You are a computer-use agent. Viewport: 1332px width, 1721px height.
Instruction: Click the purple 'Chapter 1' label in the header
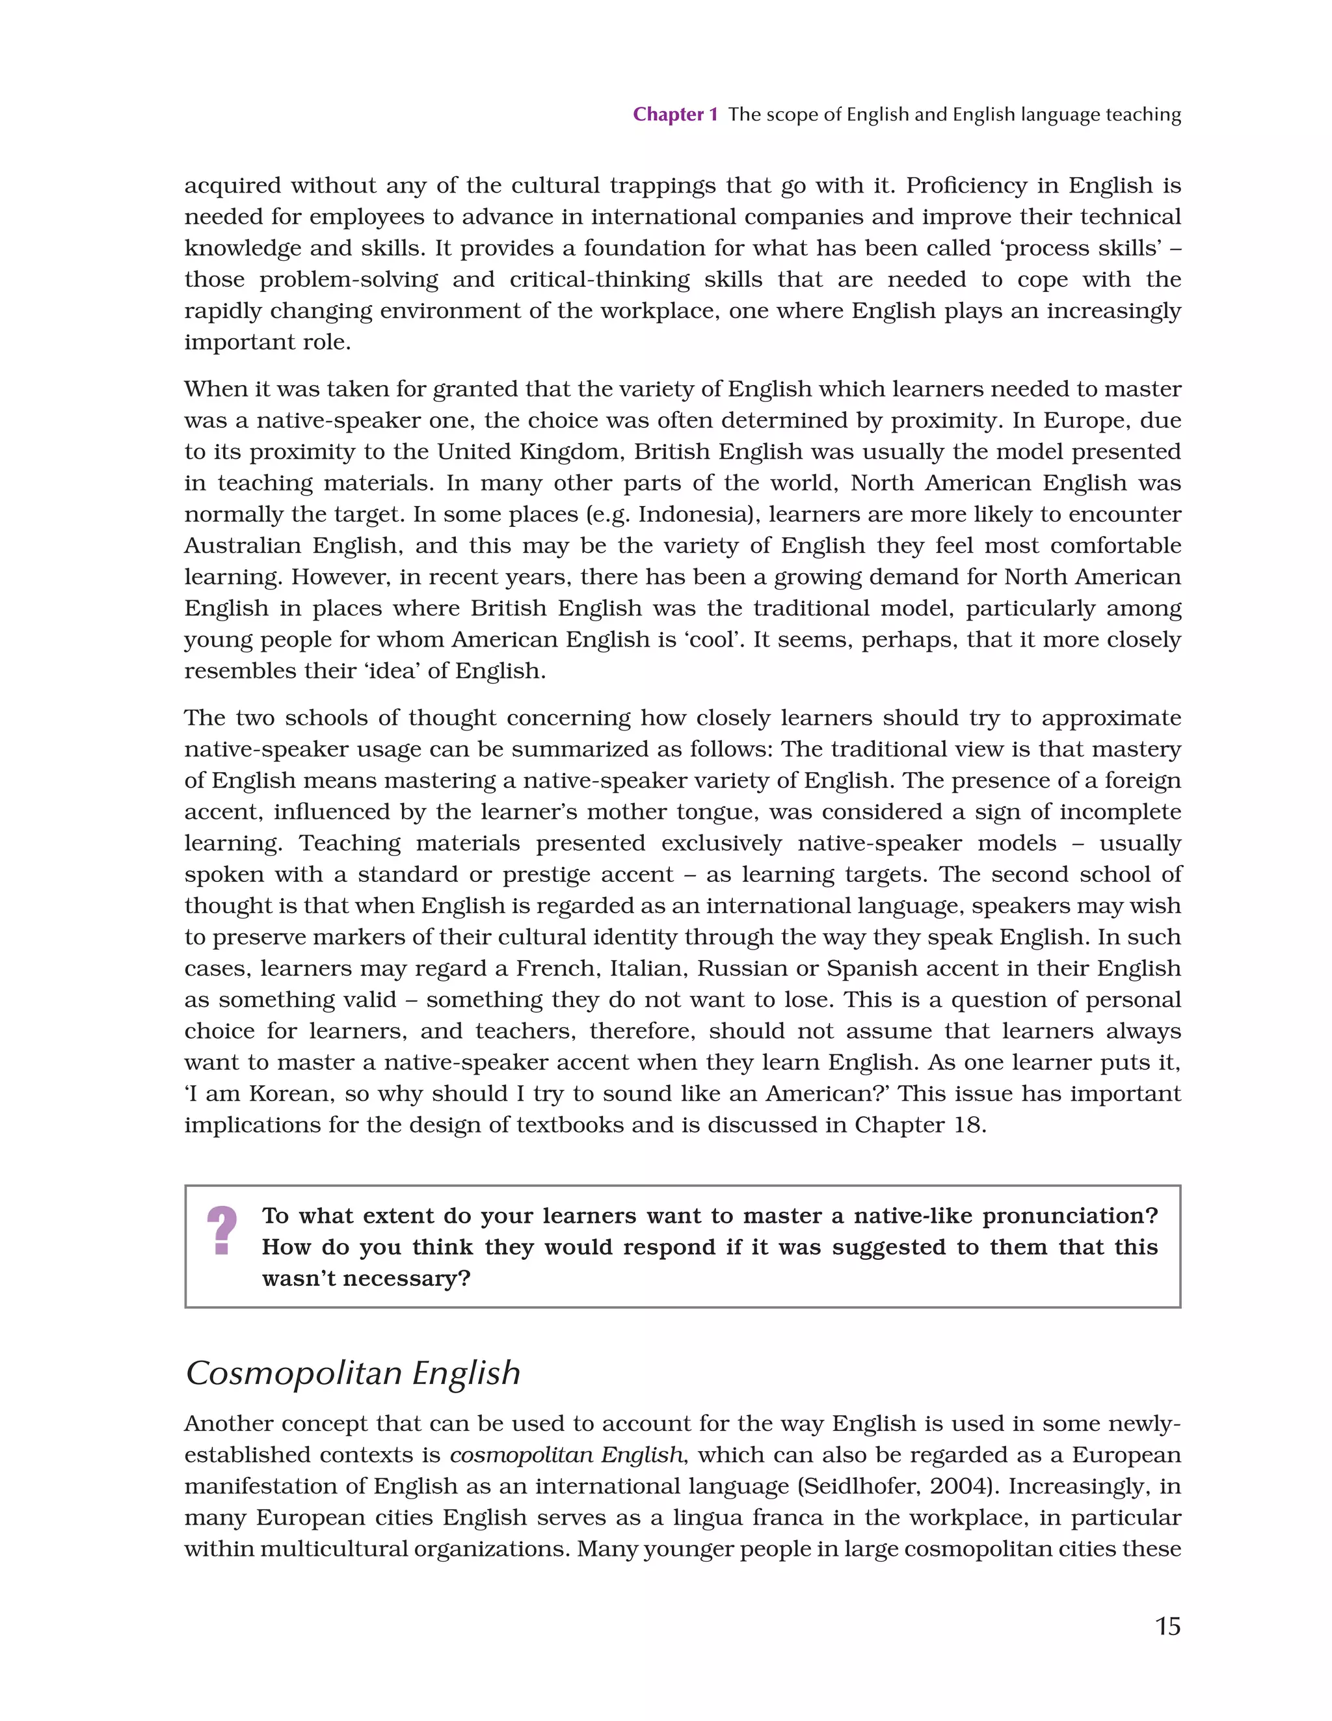674,115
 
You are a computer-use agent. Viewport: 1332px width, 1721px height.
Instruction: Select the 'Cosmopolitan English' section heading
353,1372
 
